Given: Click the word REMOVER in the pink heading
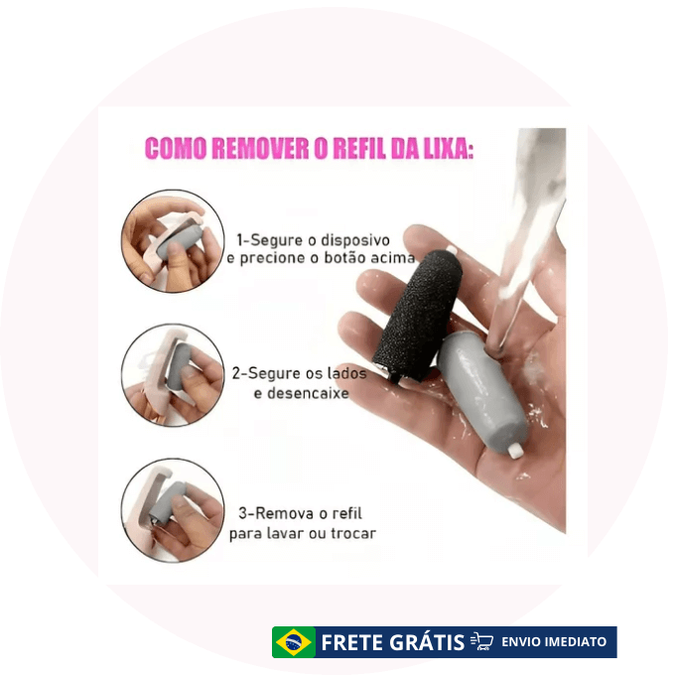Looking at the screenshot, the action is [260, 149].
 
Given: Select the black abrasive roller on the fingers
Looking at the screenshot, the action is [415, 317].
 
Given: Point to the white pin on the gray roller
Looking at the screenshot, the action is [515, 451].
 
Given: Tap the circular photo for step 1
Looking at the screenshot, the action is [173, 241].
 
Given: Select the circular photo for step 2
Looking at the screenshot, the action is [173, 375].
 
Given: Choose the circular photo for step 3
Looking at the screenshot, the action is [173, 510].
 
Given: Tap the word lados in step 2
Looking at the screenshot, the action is [346, 373].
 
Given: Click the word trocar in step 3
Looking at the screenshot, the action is [353, 533].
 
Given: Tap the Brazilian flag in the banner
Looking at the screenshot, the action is [294, 642].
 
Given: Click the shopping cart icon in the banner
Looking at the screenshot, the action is [482, 641].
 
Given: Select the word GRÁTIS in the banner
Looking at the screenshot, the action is [427, 642].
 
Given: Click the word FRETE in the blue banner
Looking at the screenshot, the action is [352, 642].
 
